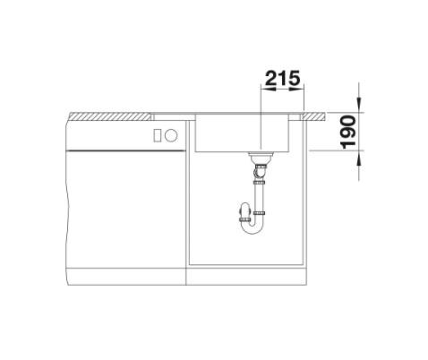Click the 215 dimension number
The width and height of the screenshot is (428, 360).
282,78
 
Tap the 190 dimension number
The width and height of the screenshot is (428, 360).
348,132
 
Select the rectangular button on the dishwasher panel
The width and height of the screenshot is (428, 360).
158,135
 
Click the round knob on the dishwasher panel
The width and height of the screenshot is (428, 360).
171,135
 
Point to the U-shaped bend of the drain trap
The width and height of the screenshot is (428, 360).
253,228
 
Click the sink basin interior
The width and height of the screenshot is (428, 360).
242,133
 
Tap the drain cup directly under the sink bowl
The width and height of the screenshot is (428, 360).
261,157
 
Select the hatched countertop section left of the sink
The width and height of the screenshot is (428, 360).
110,116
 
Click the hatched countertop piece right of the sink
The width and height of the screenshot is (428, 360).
313,116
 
